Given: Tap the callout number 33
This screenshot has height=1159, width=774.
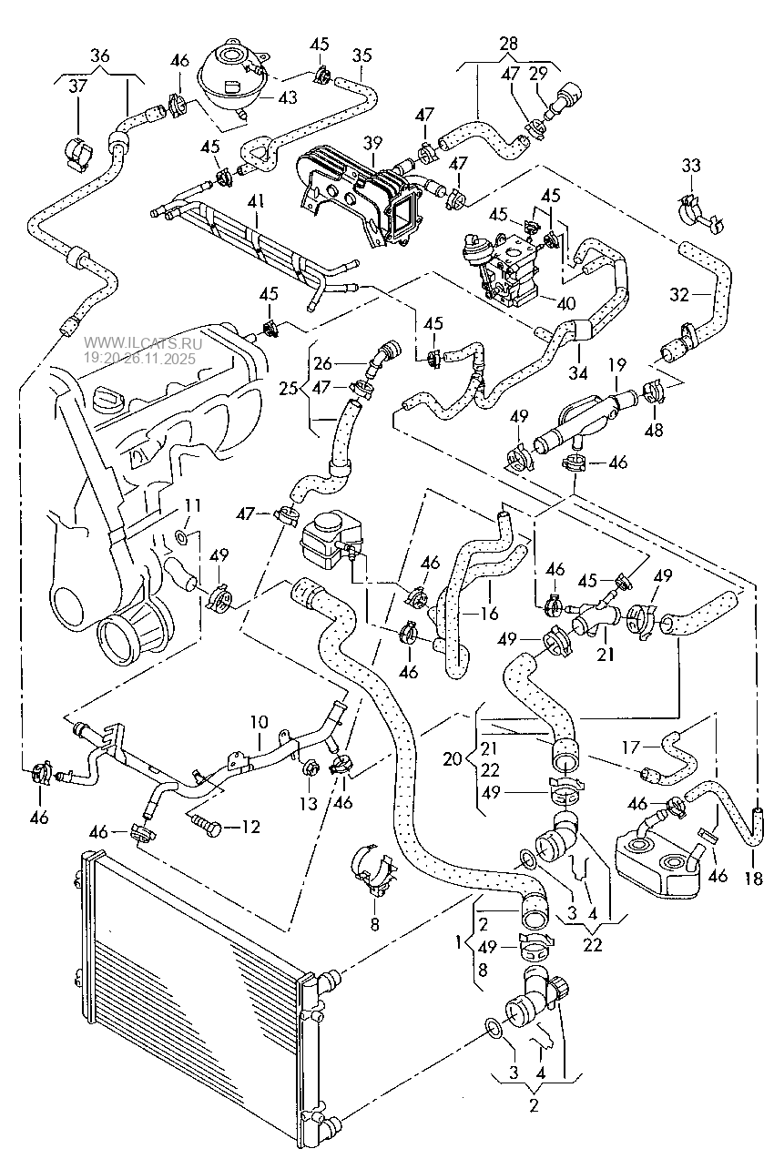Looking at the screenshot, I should pyautogui.click(x=692, y=166).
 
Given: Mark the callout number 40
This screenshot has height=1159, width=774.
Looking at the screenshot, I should pyautogui.click(x=566, y=303).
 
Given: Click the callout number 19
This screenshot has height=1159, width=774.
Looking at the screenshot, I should pyautogui.click(x=617, y=365).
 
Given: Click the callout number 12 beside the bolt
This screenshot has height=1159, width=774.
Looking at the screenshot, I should pyautogui.click(x=250, y=827).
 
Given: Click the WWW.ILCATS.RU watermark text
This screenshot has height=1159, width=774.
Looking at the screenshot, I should pyautogui.click(x=142, y=344).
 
